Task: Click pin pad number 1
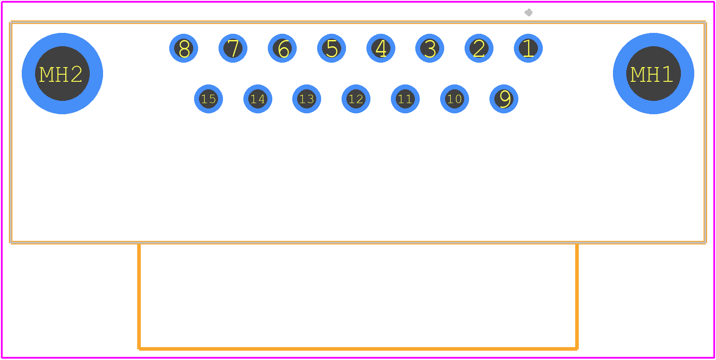tap(528, 48)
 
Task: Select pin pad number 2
tap(479, 48)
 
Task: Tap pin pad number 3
tap(430, 48)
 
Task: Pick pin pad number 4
tap(381, 48)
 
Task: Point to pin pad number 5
tap(331, 48)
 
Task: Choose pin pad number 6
tap(282, 48)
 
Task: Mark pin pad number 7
tap(233, 48)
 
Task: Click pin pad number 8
tap(184, 48)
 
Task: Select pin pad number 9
tap(504, 99)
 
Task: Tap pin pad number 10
tap(454, 99)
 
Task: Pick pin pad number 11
tap(406, 99)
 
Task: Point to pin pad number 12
tap(356, 99)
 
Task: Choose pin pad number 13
tap(307, 99)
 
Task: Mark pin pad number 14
tap(258, 99)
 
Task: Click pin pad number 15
tap(208, 99)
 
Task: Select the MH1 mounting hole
tap(653, 73)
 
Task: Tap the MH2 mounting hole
tap(62, 73)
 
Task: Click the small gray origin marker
tap(529, 12)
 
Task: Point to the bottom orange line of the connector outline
tap(358, 348)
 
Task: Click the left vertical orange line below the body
tap(139, 296)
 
